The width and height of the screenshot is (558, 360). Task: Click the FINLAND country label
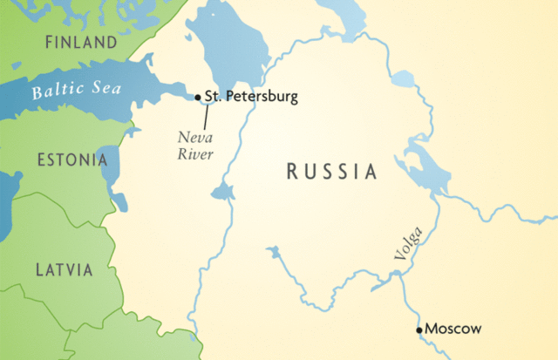point(80,42)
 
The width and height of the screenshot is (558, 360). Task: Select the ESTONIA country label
point(71,160)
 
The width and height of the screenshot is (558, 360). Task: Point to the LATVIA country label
point(64,270)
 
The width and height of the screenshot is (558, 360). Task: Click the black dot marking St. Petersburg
point(198,97)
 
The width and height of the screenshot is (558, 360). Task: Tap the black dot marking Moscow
point(419,329)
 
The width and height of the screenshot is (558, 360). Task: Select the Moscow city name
point(453,329)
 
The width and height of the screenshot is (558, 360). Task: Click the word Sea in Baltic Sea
point(106,88)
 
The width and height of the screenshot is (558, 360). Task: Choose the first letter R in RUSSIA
point(292,172)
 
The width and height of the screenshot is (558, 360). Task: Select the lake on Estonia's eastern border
point(112,174)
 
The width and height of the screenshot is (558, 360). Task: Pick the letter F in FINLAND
point(49,42)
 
